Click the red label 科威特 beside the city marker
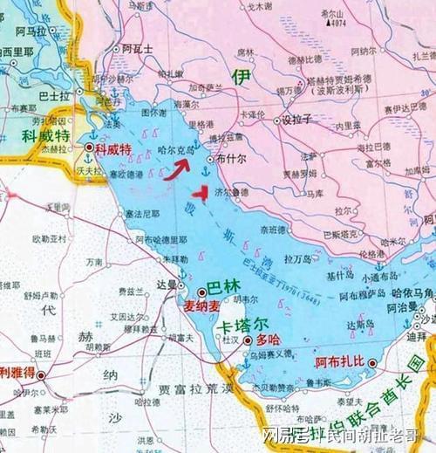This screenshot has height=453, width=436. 113,151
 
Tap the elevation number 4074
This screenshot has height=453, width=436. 337,24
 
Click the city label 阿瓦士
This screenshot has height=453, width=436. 138,48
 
